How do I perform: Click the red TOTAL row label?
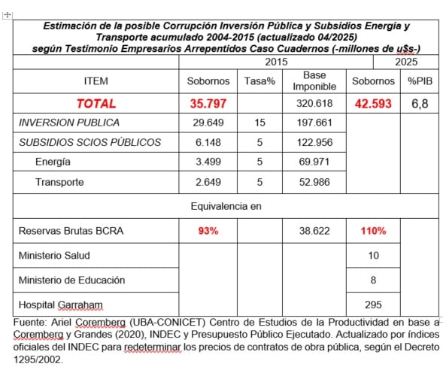(x=96, y=104)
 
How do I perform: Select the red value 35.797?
(x=208, y=104)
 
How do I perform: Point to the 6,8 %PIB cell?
(x=419, y=104)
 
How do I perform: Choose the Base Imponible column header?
(x=314, y=81)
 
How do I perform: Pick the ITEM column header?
(x=96, y=81)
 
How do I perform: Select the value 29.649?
(x=208, y=123)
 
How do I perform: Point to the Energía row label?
(x=53, y=162)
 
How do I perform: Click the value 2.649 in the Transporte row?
(x=208, y=182)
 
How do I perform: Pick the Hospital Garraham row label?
(x=60, y=305)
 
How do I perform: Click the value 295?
(x=373, y=305)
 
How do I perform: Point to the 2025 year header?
(x=406, y=62)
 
